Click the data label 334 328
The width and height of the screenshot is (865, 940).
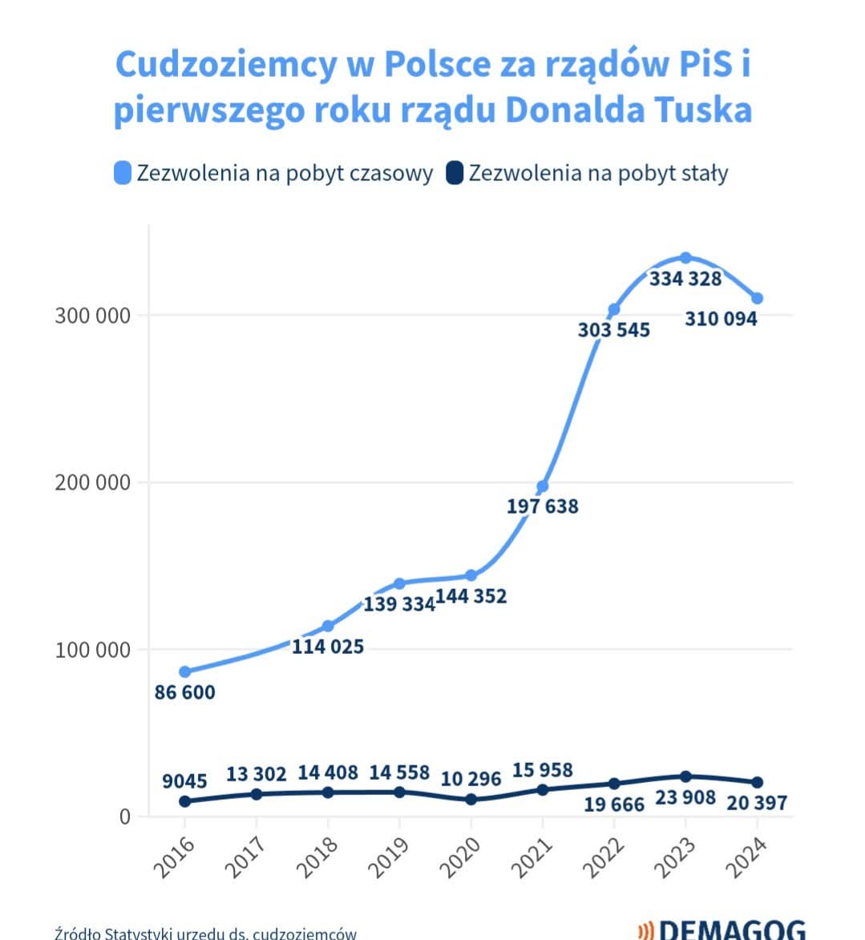(685, 279)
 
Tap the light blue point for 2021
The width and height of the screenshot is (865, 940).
(543, 486)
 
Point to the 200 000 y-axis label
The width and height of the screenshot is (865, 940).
(92, 482)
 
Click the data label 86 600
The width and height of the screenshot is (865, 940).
(184, 692)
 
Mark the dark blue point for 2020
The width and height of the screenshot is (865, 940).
(471, 800)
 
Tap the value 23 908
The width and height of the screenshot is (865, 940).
(685, 797)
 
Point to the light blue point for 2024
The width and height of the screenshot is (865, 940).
(757, 298)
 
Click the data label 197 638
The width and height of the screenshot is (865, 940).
(543, 506)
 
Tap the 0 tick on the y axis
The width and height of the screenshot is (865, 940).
(124, 817)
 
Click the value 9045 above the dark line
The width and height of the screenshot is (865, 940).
(184, 781)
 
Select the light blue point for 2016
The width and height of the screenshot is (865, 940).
(185, 672)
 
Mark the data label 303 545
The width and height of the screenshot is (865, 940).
(614, 330)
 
